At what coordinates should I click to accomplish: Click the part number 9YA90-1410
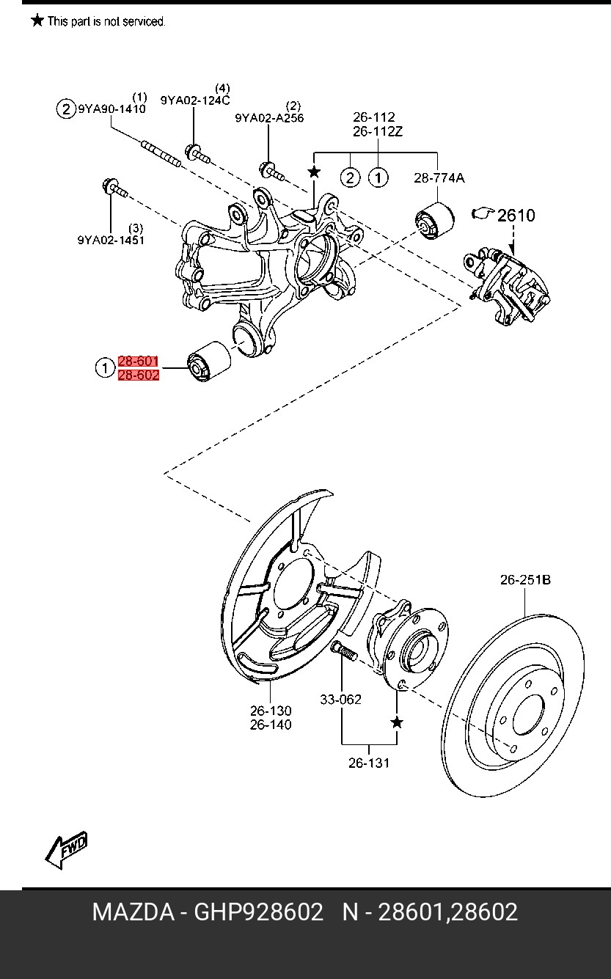click(x=112, y=109)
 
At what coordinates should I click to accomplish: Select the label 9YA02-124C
click(x=195, y=100)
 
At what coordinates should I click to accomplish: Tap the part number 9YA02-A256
click(x=269, y=118)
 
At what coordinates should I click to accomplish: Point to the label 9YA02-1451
click(x=111, y=240)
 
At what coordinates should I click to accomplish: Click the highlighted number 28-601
click(x=138, y=361)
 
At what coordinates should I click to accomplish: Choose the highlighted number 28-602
click(x=139, y=375)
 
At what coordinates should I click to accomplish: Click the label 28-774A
click(x=439, y=178)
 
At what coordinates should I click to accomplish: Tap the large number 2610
click(x=516, y=216)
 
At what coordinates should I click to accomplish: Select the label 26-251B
click(x=525, y=580)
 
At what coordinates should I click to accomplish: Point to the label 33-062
click(x=341, y=700)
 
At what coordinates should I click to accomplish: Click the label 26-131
click(x=369, y=763)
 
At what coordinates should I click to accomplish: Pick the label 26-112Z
click(x=378, y=131)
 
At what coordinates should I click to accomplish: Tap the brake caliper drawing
click(x=507, y=286)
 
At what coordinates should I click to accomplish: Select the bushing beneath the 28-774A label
click(x=434, y=220)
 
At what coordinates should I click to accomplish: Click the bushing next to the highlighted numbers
click(x=209, y=361)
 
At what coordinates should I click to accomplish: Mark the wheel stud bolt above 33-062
click(x=344, y=650)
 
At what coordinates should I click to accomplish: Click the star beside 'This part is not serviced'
click(x=37, y=20)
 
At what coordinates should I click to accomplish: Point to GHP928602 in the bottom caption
click(x=258, y=912)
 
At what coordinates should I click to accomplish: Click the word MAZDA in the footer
click(x=133, y=912)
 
